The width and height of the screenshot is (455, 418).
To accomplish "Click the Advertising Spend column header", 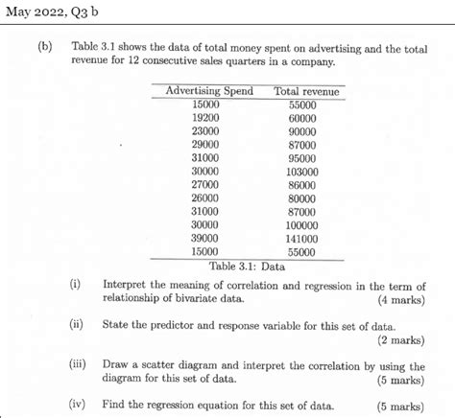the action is pyautogui.click(x=209, y=91).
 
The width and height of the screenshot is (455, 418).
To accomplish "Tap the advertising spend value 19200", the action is pyautogui.click(x=205, y=117).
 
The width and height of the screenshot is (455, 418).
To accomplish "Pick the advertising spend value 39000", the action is pyautogui.click(x=205, y=238).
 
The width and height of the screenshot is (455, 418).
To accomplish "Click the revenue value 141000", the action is pyautogui.click(x=302, y=238).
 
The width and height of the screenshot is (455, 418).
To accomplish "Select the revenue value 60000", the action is pyautogui.click(x=302, y=117).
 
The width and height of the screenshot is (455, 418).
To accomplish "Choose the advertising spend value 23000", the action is pyautogui.click(x=205, y=130).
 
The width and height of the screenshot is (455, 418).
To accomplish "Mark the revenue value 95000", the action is pyautogui.click(x=302, y=157).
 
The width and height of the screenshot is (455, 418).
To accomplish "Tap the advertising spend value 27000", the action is pyautogui.click(x=205, y=184).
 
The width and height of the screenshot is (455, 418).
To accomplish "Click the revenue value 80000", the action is pyautogui.click(x=302, y=197).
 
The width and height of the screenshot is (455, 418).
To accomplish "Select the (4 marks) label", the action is pyautogui.click(x=398, y=299).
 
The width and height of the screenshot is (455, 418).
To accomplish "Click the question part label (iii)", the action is pyautogui.click(x=79, y=365).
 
